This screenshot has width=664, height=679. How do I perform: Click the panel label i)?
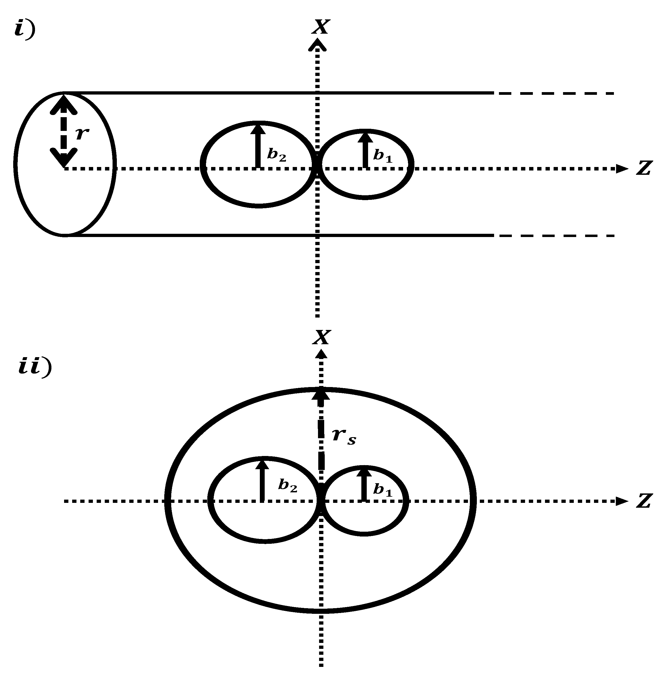[x=25, y=29]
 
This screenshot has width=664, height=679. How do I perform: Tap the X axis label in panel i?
[x=320, y=26]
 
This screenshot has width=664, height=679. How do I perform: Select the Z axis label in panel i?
[x=644, y=168]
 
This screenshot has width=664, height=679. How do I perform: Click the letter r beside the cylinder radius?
[x=82, y=133]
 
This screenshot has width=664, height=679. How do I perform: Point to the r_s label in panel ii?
[x=344, y=436]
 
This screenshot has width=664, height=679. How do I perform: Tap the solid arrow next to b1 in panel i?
[x=365, y=149]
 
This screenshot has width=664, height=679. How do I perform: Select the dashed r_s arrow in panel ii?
[x=321, y=433]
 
